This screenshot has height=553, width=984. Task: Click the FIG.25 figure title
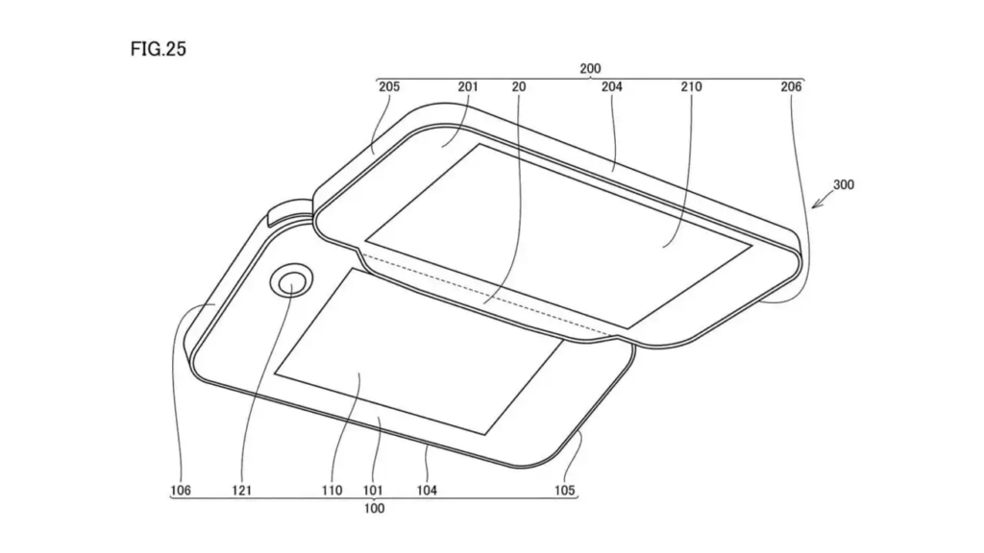pyautogui.click(x=159, y=49)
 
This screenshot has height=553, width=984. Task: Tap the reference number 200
pyautogui.click(x=590, y=68)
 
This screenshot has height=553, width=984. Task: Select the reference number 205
pyautogui.click(x=389, y=86)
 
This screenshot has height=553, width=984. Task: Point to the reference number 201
pyautogui.click(x=468, y=86)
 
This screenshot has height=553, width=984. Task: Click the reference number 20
pyautogui.click(x=519, y=86)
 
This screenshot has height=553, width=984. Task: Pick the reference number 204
pyautogui.click(x=612, y=86)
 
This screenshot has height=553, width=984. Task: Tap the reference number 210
pyautogui.click(x=691, y=86)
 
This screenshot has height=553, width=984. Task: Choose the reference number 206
pyautogui.click(x=791, y=86)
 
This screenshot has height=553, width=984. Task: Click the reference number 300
pyautogui.click(x=844, y=185)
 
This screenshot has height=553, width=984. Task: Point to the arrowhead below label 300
pyautogui.click(x=815, y=204)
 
